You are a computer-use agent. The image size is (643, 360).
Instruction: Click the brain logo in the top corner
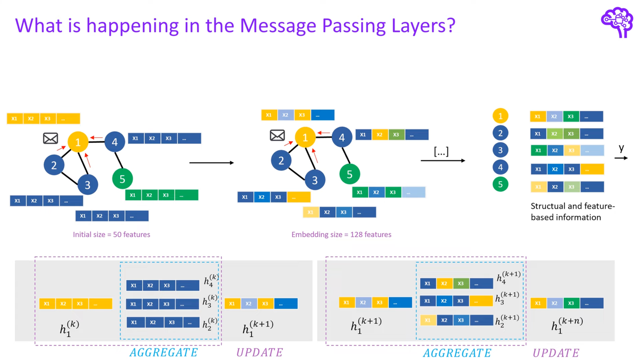click(x=617, y=22)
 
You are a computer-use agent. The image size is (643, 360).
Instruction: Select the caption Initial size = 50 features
click(x=111, y=234)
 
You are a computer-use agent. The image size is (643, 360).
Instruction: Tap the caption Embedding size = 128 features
click(x=341, y=234)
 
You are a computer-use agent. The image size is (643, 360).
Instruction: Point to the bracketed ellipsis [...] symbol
click(x=441, y=151)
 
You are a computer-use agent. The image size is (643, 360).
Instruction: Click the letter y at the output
click(x=621, y=148)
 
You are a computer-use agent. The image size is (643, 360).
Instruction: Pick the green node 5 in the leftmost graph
click(x=122, y=179)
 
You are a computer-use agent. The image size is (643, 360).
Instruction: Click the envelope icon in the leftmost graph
click(x=50, y=138)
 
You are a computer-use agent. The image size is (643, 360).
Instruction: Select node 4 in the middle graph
click(x=342, y=138)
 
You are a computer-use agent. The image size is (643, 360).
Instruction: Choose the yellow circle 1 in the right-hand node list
click(x=500, y=116)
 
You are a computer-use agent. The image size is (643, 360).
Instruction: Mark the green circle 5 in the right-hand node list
click(x=500, y=184)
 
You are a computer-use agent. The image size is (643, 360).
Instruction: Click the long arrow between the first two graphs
click(x=211, y=163)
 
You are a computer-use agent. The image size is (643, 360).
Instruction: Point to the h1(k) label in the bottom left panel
click(x=69, y=329)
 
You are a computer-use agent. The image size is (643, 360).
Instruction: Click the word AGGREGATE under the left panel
click(x=163, y=352)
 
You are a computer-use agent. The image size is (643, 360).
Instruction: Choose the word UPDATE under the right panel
click(x=556, y=353)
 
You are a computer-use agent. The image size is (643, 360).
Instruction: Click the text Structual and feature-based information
click(x=572, y=212)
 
